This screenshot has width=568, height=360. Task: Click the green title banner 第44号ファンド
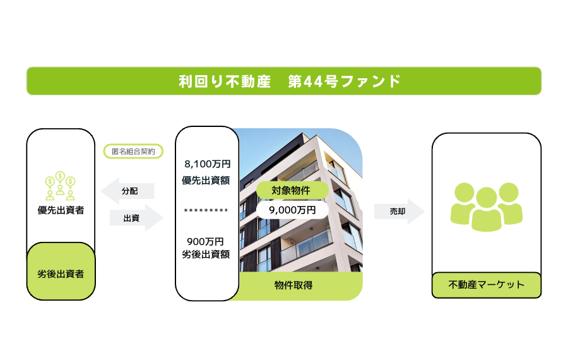(284, 81)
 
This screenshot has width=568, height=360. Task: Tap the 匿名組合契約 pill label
(133, 151)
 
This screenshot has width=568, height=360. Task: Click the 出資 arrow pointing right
(136, 217)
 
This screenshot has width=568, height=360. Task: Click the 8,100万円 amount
(208, 164)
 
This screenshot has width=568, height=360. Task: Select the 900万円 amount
(205, 241)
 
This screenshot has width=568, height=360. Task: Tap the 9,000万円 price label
(292, 210)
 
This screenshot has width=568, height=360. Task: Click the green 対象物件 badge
(292, 190)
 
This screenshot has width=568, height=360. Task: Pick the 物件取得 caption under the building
(293, 285)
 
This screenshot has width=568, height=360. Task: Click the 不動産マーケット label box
(487, 285)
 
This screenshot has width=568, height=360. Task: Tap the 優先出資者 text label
(61, 210)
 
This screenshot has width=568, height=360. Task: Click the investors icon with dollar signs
(60, 186)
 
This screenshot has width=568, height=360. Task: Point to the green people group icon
(487, 207)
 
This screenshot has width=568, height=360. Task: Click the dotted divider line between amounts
(206, 210)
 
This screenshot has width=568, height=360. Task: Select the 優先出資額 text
(206, 180)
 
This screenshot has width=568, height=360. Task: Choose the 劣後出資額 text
(206, 254)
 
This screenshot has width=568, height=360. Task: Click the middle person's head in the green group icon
(487, 198)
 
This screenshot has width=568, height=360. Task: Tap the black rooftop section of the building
(275, 156)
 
